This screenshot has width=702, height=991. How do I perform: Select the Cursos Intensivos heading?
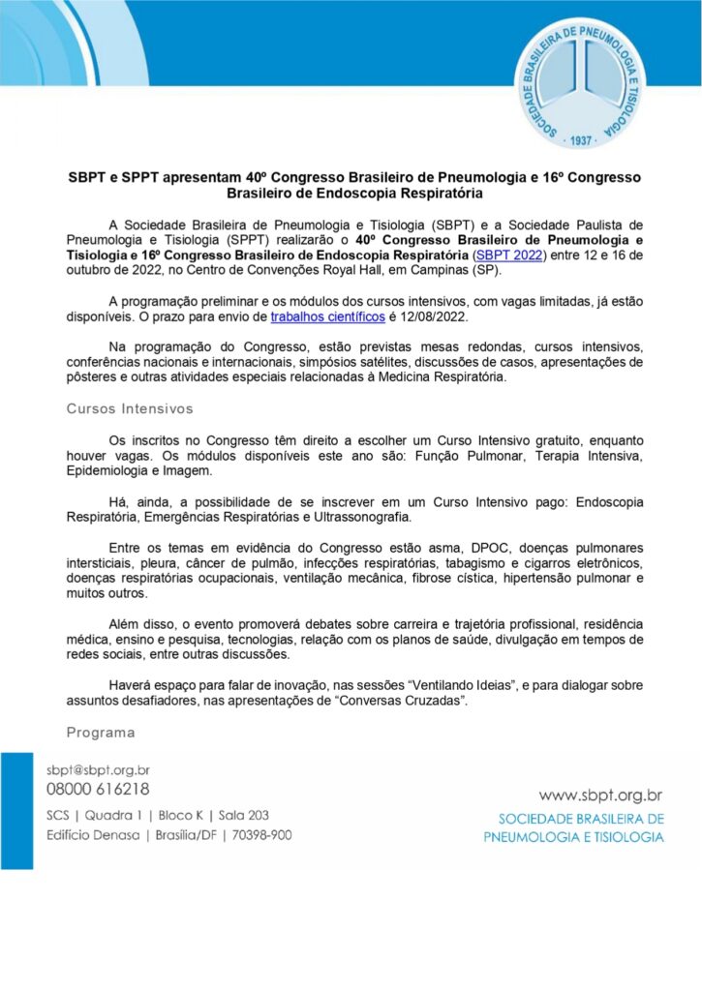[x=129, y=409]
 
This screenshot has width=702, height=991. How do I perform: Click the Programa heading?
[x=100, y=732]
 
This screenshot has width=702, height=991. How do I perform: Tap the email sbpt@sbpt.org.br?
[x=98, y=770]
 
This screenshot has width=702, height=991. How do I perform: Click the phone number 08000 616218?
[x=98, y=790]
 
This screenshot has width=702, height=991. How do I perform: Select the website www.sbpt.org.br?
[x=600, y=796]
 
